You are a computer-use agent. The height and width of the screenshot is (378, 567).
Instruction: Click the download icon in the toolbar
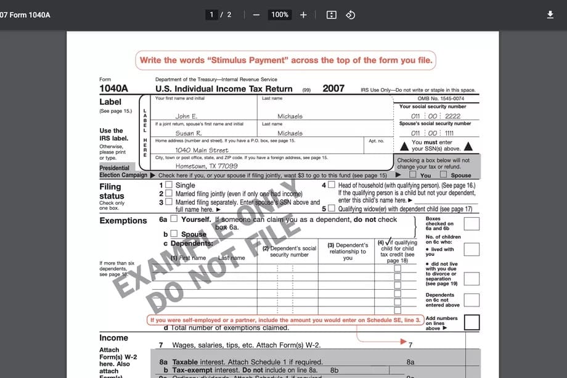(550, 15)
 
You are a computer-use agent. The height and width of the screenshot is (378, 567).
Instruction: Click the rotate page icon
(350, 15)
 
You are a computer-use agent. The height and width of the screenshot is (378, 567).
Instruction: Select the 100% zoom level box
(280, 15)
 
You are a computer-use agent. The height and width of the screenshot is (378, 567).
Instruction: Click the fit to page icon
(331, 15)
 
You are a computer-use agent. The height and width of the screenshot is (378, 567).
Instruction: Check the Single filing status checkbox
(169, 185)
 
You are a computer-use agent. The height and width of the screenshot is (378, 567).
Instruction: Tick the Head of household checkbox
(332, 185)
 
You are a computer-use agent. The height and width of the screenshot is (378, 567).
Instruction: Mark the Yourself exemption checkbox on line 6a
(174, 219)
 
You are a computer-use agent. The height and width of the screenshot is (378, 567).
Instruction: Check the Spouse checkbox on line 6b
(174, 234)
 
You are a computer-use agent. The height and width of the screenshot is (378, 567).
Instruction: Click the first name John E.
(186, 116)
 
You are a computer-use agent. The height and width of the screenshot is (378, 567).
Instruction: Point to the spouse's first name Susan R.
(189, 133)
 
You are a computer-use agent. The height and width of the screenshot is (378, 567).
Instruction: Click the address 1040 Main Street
(202, 150)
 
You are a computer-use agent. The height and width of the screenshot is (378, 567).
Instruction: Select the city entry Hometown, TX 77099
(206, 166)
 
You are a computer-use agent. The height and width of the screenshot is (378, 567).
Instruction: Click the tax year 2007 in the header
(333, 89)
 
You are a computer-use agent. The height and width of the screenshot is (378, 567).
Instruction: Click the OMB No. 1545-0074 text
(441, 99)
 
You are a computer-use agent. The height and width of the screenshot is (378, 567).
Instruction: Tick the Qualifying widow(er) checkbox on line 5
(332, 208)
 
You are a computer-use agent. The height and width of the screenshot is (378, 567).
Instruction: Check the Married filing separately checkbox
(169, 202)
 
